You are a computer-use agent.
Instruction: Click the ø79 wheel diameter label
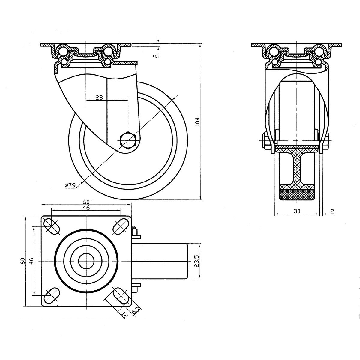point(70,185)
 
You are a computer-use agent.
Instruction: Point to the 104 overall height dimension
point(197,122)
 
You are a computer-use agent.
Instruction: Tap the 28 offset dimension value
point(99,97)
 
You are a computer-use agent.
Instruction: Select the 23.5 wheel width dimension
point(197,261)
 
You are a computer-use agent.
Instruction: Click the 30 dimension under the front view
point(297,211)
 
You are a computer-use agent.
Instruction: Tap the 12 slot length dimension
point(124,314)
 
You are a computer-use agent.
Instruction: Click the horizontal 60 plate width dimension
point(86,201)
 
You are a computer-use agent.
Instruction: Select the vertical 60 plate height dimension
point(22,261)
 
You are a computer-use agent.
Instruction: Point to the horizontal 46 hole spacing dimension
point(86,207)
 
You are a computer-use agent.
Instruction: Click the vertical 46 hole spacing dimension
point(31,261)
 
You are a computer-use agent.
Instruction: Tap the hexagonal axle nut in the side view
point(128,140)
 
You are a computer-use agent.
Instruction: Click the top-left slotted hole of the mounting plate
point(52,226)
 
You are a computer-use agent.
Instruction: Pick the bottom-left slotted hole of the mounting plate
point(52,295)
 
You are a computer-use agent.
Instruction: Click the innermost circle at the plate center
point(86,261)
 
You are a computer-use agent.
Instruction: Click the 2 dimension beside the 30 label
point(332,211)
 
